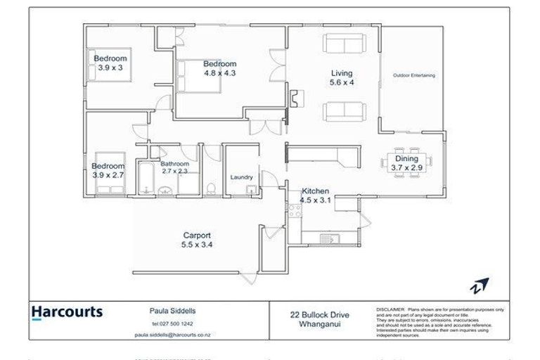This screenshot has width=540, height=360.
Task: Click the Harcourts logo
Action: pyautogui.click(x=67, y=312)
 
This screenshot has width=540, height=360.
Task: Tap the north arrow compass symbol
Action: pyautogui.click(x=480, y=285)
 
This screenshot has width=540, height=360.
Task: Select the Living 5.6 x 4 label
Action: pyautogui.click(x=342, y=77)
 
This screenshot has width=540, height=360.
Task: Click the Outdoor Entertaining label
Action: pyautogui.click(x=413, y=75)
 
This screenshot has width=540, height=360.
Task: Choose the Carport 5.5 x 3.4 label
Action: pyautogui.click(x=198, y=240)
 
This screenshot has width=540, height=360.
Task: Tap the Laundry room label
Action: pyautogui.click(x=241, y=177)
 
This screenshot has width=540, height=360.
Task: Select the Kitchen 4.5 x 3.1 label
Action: pyautogui.click(x=316, y=195)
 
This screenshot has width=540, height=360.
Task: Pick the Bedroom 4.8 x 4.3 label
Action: pyautogui.click(x=219, y=68)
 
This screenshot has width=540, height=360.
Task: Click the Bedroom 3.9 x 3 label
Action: pyautogui.click(x=110, y=63)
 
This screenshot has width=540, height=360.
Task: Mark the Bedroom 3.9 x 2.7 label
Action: pyautogui.click(x=108, y=170)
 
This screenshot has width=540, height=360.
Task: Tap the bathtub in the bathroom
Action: pyautogui.click(x=145, y=179)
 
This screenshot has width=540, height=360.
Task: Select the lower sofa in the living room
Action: pyautogui.click(x=345, y=110)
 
